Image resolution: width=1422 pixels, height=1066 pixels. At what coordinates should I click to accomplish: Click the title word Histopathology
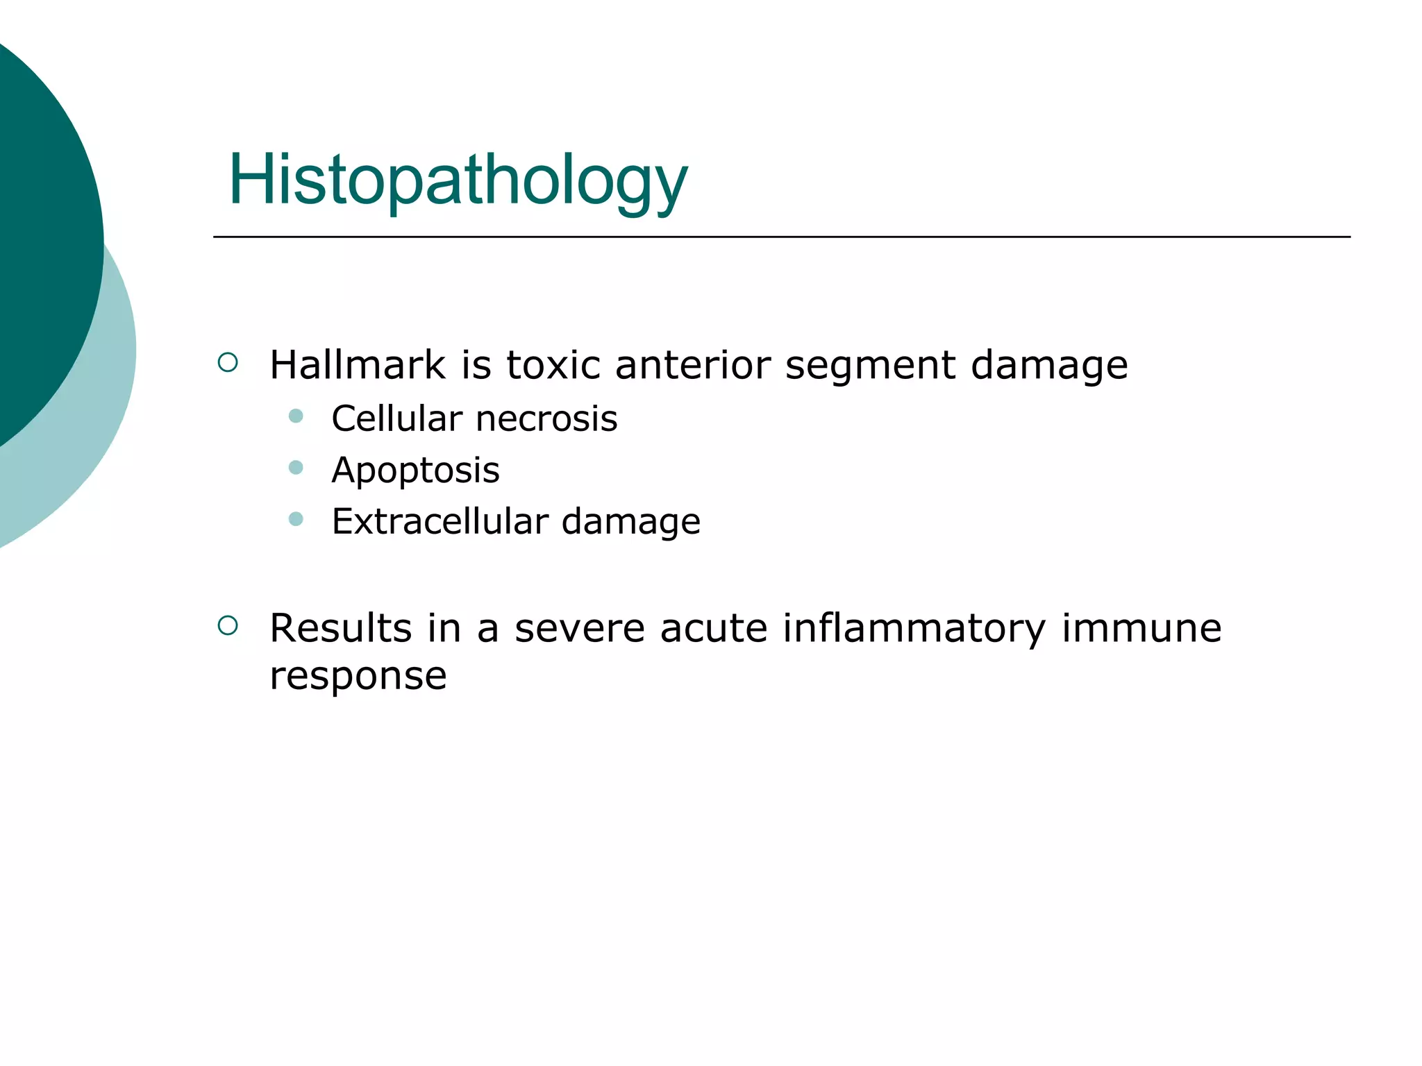point(458,180)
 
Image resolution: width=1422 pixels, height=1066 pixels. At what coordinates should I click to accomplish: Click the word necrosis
point(546,418)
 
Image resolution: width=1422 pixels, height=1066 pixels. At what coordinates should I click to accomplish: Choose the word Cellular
point(396,418)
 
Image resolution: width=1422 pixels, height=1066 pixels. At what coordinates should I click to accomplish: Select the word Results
point(340,628)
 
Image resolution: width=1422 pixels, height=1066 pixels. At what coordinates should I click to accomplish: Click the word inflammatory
point(914,629)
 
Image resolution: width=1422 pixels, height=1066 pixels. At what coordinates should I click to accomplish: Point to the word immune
point(1141,628)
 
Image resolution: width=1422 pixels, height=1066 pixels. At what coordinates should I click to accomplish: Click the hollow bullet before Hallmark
point(228,362)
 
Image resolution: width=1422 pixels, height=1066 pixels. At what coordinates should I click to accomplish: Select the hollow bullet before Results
point(228,626)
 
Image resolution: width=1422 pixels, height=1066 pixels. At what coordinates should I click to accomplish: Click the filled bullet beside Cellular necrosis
point(296,416)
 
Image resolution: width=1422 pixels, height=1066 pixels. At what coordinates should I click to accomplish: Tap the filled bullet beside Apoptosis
point(296,468)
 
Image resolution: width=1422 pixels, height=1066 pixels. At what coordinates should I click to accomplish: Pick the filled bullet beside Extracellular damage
point(296,519)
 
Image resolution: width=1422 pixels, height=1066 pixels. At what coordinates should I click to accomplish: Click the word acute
point(713,628)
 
